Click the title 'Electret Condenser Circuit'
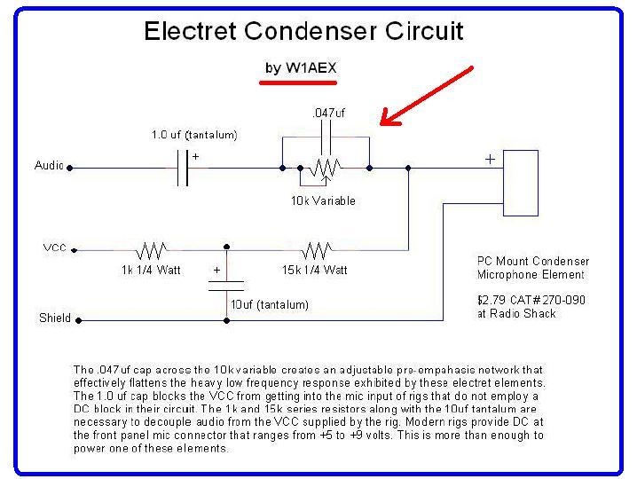(303, 31)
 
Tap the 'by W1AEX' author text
(301, 67)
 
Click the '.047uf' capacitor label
(328, 113)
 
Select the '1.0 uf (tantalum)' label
(194, 135)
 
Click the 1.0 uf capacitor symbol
(183, 168)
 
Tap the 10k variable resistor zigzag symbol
(325, 168)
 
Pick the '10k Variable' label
(323, 200)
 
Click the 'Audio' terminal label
(49, 165)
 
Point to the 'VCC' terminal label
(54, 247)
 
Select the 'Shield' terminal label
(55, 318)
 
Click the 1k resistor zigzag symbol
(151, 250)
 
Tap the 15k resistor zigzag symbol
(317, 250)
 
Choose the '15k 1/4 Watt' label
(315, 271)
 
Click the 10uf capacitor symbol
(226, 286)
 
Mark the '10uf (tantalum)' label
(270, 305)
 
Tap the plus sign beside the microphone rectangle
(490, 159)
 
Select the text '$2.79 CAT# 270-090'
(531, 300)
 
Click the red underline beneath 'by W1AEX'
(298, 82)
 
